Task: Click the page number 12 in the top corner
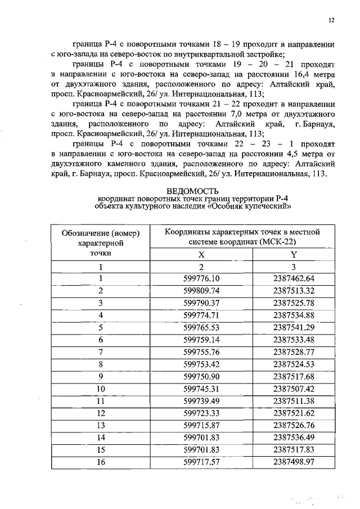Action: pyautogui.click(x=331, y=21)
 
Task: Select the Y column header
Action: pyautogui.click(x=293, y=254)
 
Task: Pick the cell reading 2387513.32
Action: pyautogui.click(x=293, y=290)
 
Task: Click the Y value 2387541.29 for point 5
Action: pyautogui.click(x=293, y=327)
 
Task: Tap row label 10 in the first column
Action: pyautogui.click(x=101, y=388)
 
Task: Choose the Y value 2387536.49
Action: pyautogui.click(x=293, y=437)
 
